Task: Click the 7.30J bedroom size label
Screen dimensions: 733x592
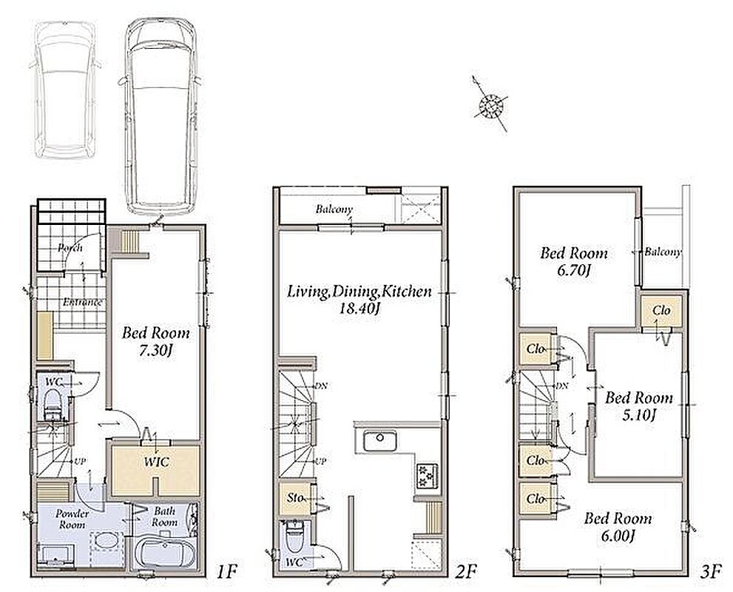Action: [x=155, y=351]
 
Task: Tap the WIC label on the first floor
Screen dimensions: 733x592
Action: [x=157, y=462]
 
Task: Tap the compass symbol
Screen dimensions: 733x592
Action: [x=491, y=106]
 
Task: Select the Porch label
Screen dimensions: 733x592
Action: [x=70, y=247]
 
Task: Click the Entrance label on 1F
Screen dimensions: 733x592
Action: [x=82, y=302]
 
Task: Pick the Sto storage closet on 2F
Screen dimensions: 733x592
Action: [x=295, y=497]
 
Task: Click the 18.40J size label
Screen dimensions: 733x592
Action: [x=359, y=309]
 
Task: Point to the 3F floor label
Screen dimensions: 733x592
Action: [x=711, y=572]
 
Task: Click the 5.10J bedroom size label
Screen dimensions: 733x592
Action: [x=639, y=414]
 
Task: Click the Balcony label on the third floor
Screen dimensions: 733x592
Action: [x=663, y=252]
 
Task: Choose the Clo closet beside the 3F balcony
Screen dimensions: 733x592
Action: [x=661, y=311]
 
